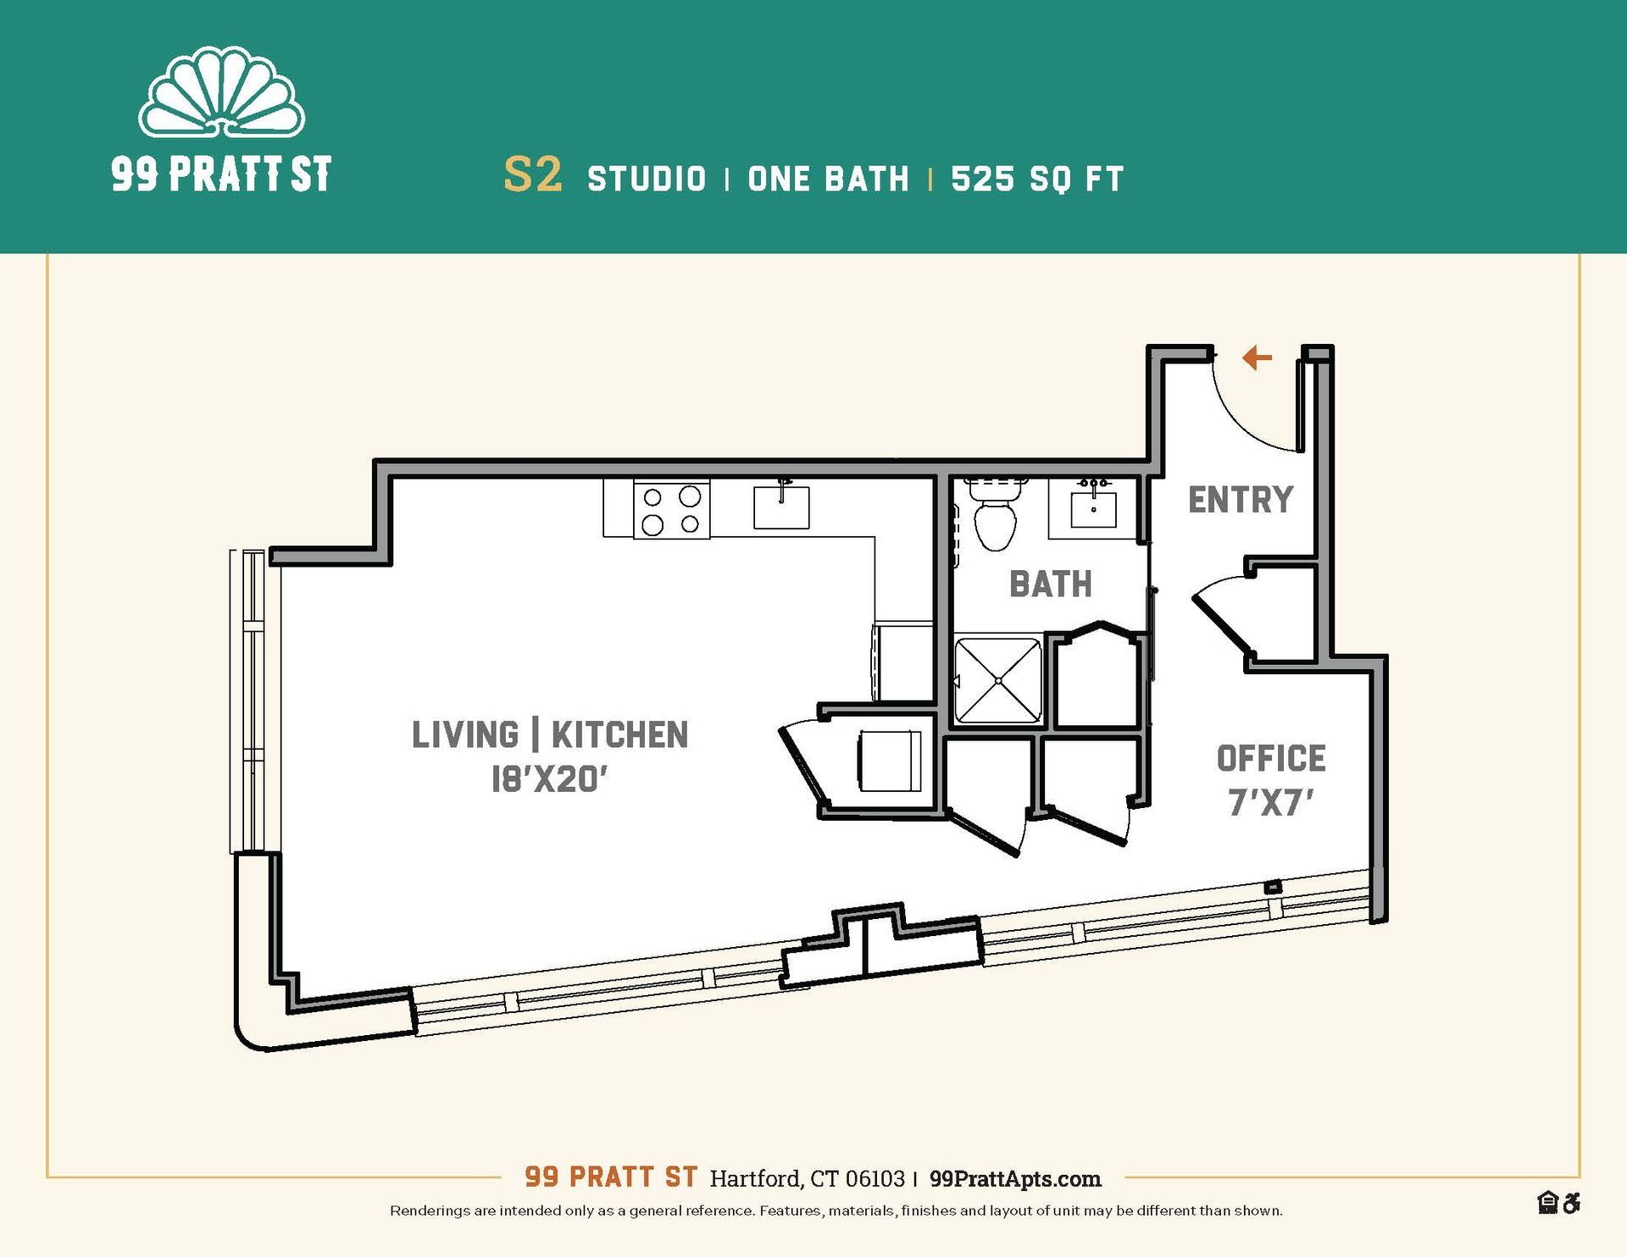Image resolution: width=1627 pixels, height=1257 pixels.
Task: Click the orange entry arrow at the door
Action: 1257,357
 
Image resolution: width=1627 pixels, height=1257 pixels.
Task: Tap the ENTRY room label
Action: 1241,500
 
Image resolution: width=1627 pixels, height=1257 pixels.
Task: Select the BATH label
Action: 1051,584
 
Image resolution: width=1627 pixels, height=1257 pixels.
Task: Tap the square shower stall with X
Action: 998,680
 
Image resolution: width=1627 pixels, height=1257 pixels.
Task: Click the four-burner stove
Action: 671,509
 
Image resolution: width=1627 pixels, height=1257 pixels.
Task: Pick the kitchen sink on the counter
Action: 781,507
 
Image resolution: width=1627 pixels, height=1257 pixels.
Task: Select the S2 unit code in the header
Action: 532,175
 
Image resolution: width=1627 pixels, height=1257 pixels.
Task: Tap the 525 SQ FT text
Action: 1037,179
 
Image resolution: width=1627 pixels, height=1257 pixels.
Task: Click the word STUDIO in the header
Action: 647,179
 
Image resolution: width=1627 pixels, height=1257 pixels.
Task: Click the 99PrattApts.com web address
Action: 1015,1178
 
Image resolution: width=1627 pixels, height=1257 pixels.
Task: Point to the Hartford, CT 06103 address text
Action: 807,1178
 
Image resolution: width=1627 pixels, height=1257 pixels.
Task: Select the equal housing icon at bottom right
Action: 1548,1203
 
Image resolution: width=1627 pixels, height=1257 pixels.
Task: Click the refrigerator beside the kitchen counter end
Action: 903,663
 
